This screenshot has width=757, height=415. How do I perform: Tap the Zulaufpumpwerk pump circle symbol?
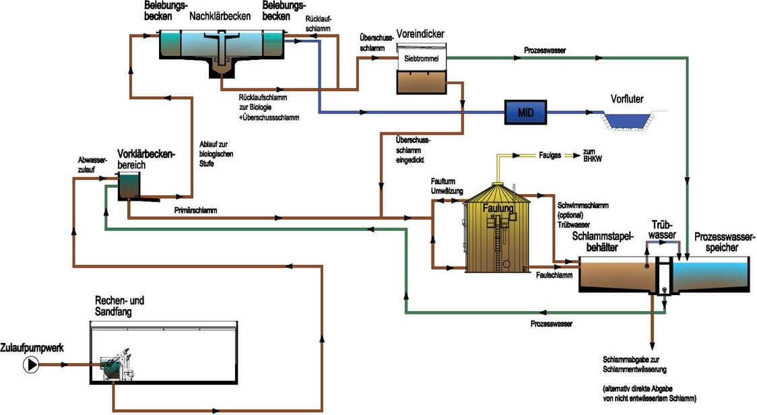(x=32, y=364)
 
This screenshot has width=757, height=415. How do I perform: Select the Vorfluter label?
(x=626, y=100)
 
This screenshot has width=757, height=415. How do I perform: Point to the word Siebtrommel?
(x=421, y=59)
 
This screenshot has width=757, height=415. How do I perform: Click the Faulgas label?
(x=550, y=154)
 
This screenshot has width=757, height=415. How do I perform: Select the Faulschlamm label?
(x=554, y=275)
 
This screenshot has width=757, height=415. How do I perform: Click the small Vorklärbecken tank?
(x=130, y=186)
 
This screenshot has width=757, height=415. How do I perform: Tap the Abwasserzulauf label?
(x=92, y=166)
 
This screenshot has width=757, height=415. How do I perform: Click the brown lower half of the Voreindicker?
(x=421, y=82)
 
